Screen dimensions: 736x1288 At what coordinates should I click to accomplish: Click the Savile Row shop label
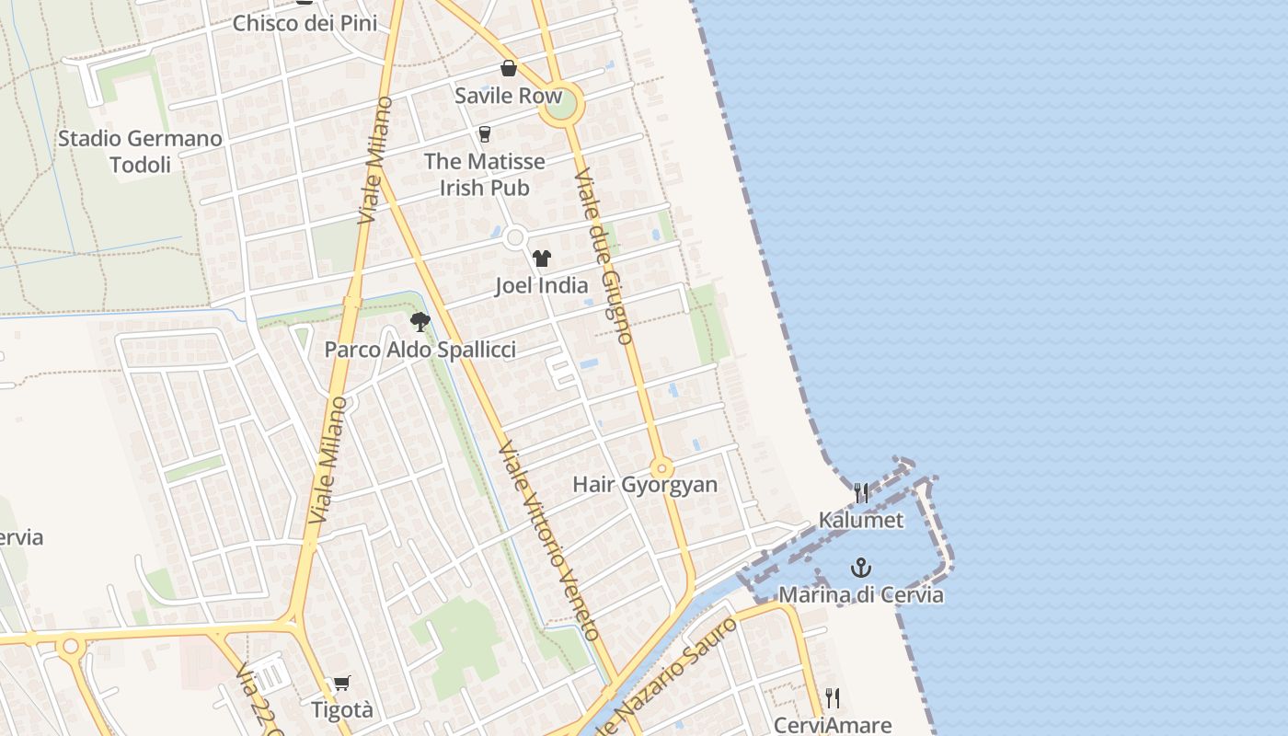[x=508, y=96]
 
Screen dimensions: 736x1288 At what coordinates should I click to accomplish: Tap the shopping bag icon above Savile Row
[x=509, y=68]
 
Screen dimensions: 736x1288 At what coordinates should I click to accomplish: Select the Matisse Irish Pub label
[x=484, y=174]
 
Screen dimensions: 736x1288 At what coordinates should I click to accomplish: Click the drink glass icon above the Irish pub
[x=485, y=134]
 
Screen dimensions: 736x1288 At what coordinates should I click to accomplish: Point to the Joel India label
[x=541, y=285]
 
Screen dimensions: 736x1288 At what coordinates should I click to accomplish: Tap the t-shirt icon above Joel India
[x=542, y=259]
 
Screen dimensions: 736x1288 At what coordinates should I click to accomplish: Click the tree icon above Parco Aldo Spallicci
[x=420, y=322]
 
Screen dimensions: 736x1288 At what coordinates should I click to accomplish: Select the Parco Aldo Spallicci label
[x=420, y=350]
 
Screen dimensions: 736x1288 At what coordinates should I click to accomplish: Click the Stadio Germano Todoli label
[x=140, y=152]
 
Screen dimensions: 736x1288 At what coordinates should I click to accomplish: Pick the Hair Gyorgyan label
[x=644, y=485]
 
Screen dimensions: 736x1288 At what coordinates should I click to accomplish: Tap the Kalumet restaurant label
[x=861, y=520]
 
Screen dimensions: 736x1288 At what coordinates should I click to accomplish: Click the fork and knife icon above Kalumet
[x=861, y=493]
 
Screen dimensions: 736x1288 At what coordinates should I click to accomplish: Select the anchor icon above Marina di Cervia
[x=861, y=568]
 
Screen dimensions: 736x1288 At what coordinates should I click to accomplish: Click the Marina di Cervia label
[x=861, y=594]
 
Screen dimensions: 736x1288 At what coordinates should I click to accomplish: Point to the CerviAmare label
[x=832, y=725]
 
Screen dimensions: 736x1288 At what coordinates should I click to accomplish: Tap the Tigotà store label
[x=342, y=710]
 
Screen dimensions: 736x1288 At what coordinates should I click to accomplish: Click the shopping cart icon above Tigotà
[x=342, y=683]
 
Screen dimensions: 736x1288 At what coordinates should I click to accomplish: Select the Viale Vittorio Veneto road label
[x=549, y=540]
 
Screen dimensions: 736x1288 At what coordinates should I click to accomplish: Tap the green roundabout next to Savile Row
[x=560, y=107]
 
